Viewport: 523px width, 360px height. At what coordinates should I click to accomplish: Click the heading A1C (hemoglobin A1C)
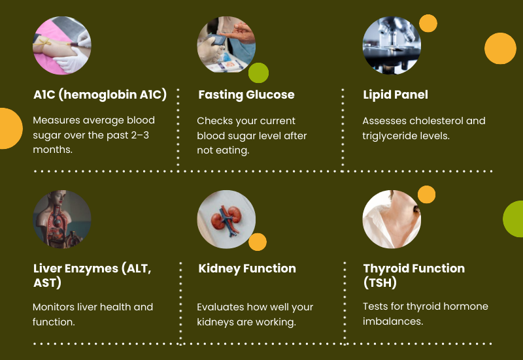[x=100, y=95]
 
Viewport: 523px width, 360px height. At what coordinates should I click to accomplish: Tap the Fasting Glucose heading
[x=246, y=95]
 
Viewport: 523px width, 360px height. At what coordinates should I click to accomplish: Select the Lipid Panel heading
[x=396, y=95]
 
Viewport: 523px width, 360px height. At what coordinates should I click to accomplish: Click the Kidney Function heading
[x=247, y=269]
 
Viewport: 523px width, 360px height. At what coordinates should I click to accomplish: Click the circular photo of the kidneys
[x=226, y=219]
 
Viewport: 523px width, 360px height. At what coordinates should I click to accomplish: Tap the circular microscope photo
[x=391, y=45]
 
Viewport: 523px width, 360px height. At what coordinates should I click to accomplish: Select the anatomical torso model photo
[x=62, y=219]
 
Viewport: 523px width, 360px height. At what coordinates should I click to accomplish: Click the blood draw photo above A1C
[x=62, y=45]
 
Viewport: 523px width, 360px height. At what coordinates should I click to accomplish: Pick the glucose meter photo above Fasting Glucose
[x=226, y=45]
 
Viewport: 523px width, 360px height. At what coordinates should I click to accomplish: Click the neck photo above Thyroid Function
[x=391, y=219]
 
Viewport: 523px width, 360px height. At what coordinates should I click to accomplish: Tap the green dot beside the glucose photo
[x=258, y=73]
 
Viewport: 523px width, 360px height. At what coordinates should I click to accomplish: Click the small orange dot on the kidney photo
[x=258, y=242]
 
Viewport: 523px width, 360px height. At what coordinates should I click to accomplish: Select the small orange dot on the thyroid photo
[x=426, y=195]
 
